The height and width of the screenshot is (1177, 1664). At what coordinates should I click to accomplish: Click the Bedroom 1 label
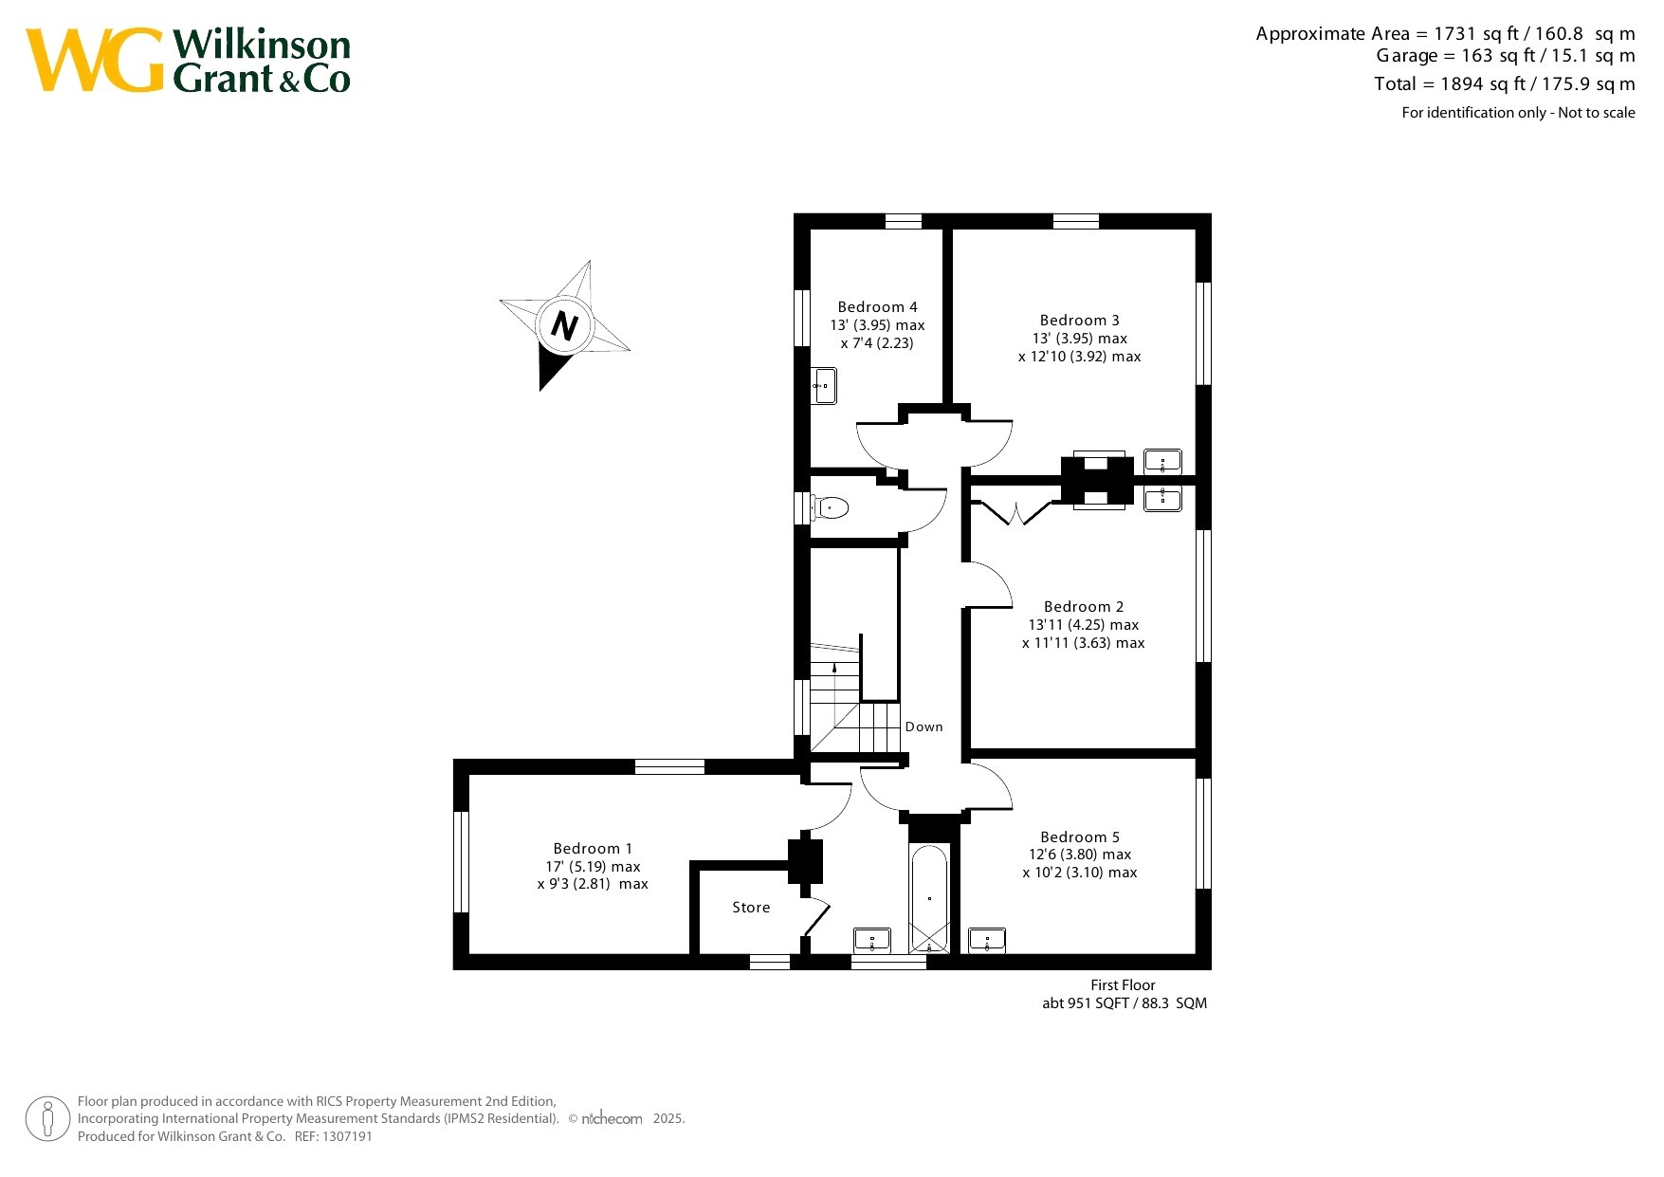pos(593,849)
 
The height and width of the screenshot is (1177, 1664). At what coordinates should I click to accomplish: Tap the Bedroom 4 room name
pos(877,307)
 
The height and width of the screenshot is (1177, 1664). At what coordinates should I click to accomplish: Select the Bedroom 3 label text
pos(1079,321)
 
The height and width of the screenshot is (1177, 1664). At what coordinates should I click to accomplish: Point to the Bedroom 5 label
pos(1080,837)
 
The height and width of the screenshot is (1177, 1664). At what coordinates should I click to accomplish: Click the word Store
pos(751,908)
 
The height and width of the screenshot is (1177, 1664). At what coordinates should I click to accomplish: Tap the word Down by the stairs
pos(923,727)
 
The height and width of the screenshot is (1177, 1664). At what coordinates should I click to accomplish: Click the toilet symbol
pos(829,507)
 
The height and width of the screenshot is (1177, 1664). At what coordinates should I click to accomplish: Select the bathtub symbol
pos(929,897)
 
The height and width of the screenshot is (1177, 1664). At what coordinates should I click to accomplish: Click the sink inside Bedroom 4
pos(824,386)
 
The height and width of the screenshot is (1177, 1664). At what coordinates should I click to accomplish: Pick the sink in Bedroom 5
pos(987,941)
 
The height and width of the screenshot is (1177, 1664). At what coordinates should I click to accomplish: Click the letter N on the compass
pos(564,325)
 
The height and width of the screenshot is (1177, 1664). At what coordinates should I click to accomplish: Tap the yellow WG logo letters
pos(95,60)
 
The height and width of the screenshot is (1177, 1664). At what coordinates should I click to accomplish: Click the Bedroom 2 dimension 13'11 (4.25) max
pos(1084,625)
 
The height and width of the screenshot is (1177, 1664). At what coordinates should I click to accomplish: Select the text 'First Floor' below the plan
pos(1123,985)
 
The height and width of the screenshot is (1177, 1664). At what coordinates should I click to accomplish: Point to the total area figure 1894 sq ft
pos(1482,83)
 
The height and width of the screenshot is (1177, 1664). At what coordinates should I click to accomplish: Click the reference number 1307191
pos(348,1136)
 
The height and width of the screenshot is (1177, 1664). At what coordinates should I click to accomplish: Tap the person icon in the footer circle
pos(47,1119)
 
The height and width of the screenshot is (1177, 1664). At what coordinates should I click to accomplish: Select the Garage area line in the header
pos(1506,56)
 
